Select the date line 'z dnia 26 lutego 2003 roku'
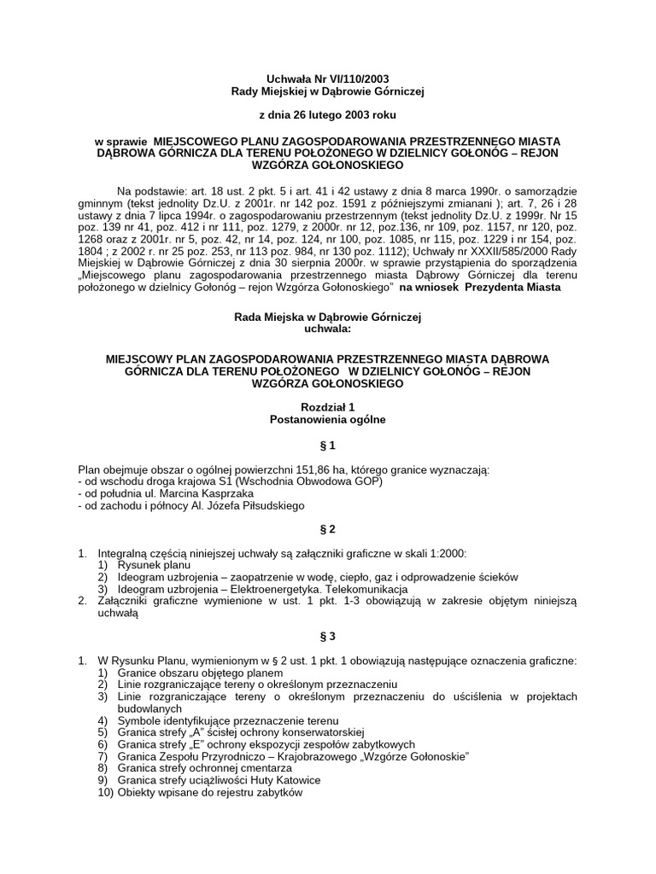coord(328,114)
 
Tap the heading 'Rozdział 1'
coord(328,407)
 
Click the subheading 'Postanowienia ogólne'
coord(328,419)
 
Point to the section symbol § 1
coord(328,445)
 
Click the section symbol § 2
coord(328,529)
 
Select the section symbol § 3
coord(328,638)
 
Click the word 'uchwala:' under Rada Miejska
coord(328,328)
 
